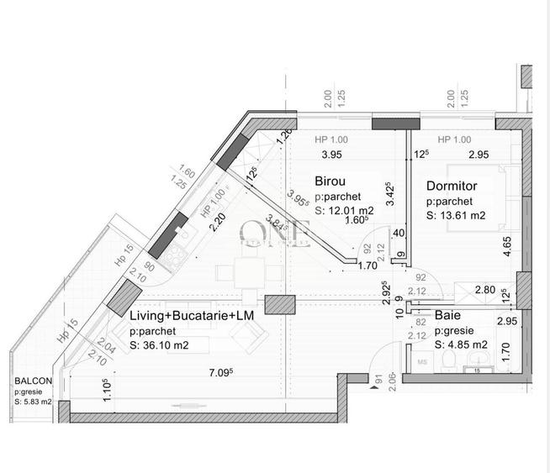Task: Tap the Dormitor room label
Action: [452, 186]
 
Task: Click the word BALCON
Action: [33, 381]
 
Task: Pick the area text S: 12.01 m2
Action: [345, 210]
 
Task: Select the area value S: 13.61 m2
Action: [457, 216]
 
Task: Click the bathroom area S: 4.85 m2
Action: [461, 344]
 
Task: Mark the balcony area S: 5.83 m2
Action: [33, 402]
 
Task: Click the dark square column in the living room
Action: [276, 307]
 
